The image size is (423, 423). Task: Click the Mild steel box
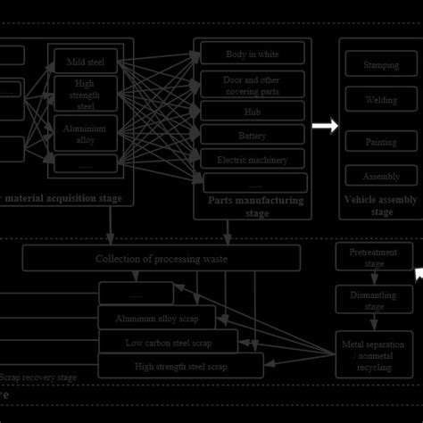click(x=86, y=62)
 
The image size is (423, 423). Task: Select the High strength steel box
click(x=86, y=94)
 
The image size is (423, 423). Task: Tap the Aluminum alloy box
click(x=86, y=133)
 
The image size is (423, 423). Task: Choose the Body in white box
click(x=252, y=54)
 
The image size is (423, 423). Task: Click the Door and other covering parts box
click(x=252, y=85)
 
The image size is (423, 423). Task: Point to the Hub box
click(x=252, y=112)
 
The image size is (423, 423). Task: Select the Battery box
click(x=252, y=136)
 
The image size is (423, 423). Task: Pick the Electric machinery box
click(x=252, y=160)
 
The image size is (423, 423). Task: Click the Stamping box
click(x=381, y=65)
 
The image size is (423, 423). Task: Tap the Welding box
click(x=381, y=100)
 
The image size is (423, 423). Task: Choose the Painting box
click(x=381, y=142)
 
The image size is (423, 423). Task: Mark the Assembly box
click(x=381, y=176)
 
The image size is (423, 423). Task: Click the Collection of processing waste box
click(x=162, y=259)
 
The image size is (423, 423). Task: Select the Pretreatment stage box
click(x=374, y=258)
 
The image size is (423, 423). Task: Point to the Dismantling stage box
click(x=374, y=299)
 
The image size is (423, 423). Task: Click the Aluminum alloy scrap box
click(x=156, y=319)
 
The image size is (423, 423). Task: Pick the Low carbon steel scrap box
click(x=168, y=342)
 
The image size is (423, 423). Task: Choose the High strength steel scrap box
click(x=180, y=365)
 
